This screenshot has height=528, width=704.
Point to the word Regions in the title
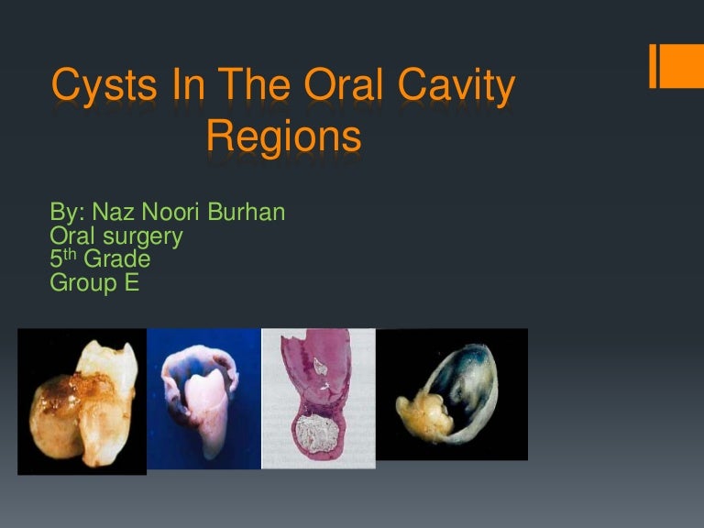283,137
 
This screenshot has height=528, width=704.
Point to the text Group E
93,283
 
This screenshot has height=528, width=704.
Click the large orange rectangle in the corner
683,65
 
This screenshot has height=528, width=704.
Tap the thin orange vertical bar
654,65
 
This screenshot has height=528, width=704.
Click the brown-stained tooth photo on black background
82,401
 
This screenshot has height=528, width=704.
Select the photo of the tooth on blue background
203,399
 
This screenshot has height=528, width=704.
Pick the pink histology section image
318,399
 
